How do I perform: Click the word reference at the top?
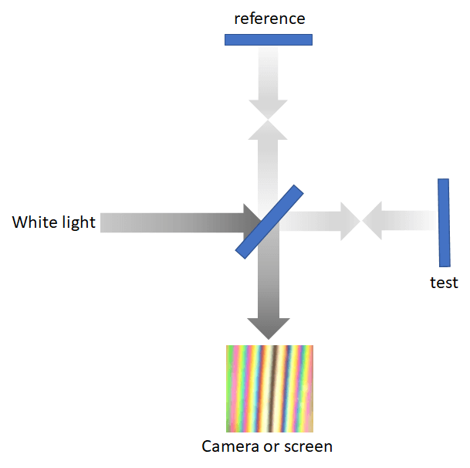pyautogui.click(x=269, y=18)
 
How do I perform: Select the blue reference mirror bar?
pyautogui.click(x=269, y=39)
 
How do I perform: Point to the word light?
pyautogui.click(x=77, y=222)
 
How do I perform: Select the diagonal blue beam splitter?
pyautogui.click(x=269, y=221)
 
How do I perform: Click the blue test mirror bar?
pyautogui.click(x=444, y=222)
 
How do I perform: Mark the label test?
pyautogui.click(x=444, y=283)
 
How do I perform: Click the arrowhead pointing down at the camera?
pyautogui.click(x=269, y=328)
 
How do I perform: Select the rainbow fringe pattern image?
pyautogui.click(x=269, y=388)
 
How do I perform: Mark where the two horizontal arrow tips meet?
pyautogui.click(x=362, y=222)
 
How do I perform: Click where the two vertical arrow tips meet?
pyautogui.click(x=269, y=120)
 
